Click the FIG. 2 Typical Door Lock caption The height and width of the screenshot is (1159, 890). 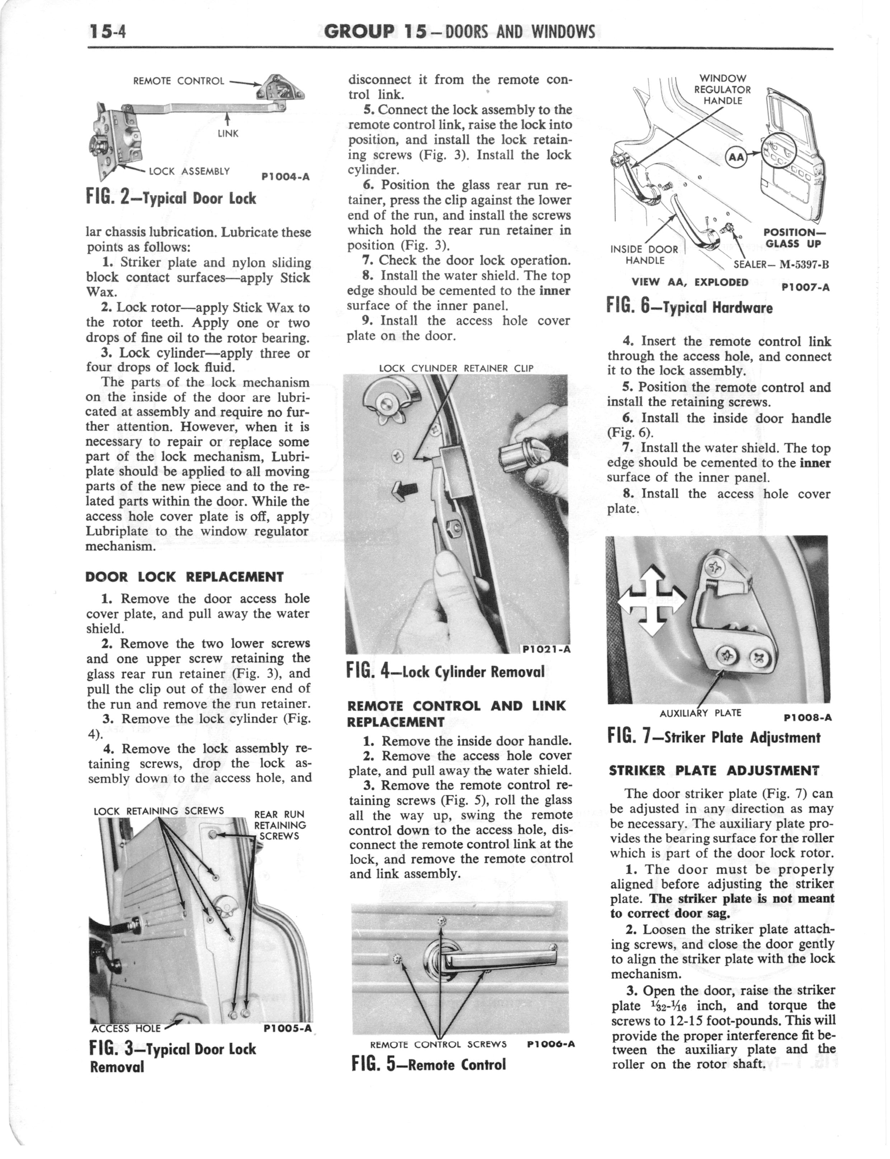(170, 198)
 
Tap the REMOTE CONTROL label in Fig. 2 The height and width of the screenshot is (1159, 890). (179, 81)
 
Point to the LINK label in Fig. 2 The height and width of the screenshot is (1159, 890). (228, 134)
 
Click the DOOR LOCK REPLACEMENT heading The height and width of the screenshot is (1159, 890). (184, 577)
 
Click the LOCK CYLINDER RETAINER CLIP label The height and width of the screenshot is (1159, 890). (456, 369)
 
